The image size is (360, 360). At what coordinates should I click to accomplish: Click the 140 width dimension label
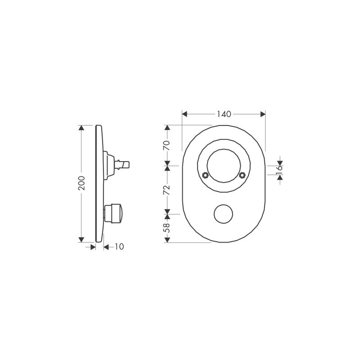tap(224, 114)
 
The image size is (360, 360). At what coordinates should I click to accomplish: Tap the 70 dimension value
tap(166, 145)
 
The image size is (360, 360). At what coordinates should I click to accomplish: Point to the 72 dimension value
tap(166, 189)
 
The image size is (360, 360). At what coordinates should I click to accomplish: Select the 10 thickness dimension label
tap(119, 247)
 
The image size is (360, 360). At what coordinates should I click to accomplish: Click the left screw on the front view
tap(205, 175)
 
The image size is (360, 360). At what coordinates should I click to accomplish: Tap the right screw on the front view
tap(243, 175)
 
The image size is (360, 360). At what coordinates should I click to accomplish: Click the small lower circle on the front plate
tap(224, 214)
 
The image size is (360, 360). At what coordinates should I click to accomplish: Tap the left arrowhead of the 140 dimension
tap(184, 114)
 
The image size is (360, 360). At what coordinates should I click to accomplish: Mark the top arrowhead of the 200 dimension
tap(81, 128)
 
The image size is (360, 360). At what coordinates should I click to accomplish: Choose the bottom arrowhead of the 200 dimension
tap(81, 240)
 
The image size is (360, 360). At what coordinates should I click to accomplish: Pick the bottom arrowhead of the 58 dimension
tap(167, 240)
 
